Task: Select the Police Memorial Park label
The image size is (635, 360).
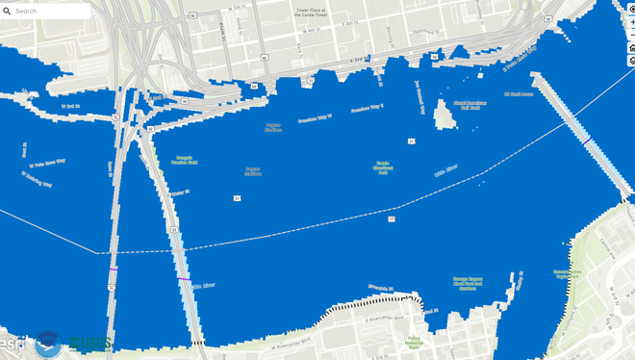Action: tap(415, 340)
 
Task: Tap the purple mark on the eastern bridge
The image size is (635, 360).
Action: tap(586, 141)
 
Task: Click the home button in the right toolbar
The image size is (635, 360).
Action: tap(631, 47)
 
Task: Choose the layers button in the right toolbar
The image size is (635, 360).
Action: tap(631, 61)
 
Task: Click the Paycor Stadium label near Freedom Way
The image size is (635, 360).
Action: tap(273, 126)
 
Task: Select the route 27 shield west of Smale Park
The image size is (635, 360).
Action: tap(237, 198)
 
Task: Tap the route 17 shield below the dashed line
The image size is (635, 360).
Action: tap(392, 219)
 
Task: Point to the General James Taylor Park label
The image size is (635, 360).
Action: tap(568, 273)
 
